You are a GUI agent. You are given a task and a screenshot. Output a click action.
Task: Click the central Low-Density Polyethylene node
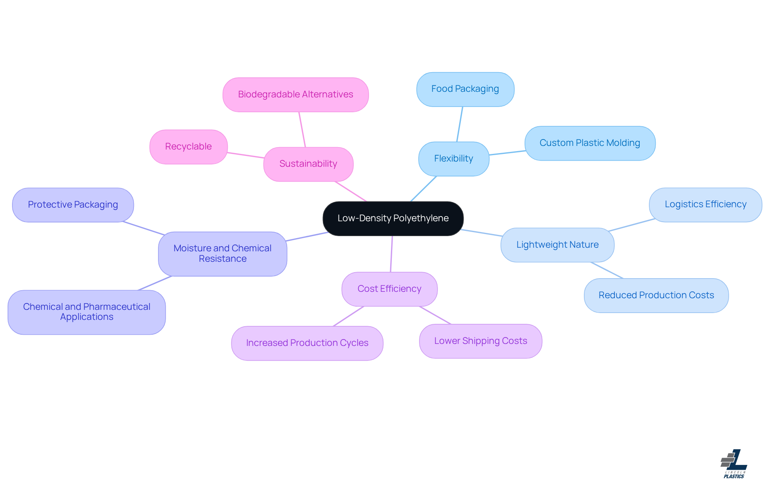(x=393, y=218)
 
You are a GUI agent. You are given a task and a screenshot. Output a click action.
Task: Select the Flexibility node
(x=454, y=159)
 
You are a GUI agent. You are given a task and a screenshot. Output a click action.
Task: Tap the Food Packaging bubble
(x=465, y=89)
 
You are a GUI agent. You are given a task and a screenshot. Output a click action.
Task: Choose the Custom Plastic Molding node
(x=590, y=143)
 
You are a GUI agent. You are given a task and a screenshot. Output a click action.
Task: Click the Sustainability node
(x=308, y=164)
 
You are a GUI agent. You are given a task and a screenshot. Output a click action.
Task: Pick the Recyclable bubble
(x=188, y=147)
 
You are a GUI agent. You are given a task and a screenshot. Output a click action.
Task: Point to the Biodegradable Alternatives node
(x=296, y=95)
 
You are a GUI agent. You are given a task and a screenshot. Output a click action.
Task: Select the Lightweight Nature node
(x=557, y=245)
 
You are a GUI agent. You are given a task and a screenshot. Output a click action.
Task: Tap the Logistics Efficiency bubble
(x=705, y=204)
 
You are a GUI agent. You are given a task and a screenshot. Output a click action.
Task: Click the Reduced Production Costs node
(x=656, y=295)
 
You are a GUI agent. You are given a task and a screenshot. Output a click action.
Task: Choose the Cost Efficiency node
(x=389, y=289)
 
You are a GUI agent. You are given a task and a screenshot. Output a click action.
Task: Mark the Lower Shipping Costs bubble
(x=480, y=341)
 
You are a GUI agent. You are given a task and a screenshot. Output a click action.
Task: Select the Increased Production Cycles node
(x=307, y=343)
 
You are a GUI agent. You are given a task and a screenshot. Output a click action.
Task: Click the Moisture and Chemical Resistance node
(x=223, y=254)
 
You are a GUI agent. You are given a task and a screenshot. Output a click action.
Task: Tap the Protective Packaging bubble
(x=73, y=205)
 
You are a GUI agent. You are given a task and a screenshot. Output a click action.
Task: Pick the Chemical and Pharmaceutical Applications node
(x=87, y=312)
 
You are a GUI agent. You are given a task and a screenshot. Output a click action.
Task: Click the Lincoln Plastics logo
(x=734, y=464)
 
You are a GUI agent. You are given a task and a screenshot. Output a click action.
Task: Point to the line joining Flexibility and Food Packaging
(x=460, y=124)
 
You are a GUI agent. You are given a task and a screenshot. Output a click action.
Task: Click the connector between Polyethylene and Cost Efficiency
(x=391, y=254)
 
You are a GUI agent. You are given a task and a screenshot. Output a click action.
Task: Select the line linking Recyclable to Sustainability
(x=245, y=155)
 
